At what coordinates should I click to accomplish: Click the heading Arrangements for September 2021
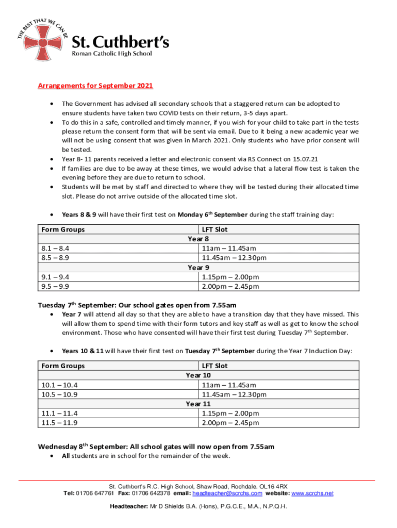click(x=95, y=86)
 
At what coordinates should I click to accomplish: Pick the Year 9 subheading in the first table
click(x=198, y=267)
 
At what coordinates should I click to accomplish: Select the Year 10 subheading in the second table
click(x=198, y=375)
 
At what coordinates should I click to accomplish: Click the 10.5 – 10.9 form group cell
click(x=59, y=394)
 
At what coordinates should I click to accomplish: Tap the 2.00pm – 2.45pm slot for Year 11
click(x=230, y=423)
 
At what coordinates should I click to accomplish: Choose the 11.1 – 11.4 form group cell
click(x=59, y=414)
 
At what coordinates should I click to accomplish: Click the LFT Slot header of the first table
click(x=214, y=229)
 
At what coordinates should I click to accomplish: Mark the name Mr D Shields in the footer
click(x=169, y=506)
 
